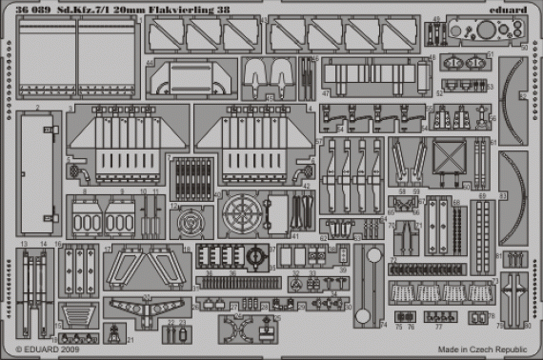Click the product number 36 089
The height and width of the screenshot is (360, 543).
[26, 9]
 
